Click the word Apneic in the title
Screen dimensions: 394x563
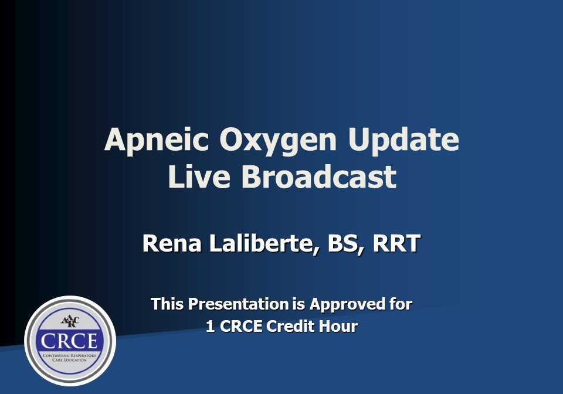click(x=155, y=141)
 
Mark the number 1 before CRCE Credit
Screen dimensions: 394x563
click(x=210, y=327)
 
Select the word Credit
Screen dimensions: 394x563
click(x=291, y=327)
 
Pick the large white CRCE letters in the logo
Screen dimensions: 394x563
click(x=70, y=340)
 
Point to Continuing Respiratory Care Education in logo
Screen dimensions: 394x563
click(x=70, y=357)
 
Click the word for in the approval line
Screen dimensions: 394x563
click(x=399, y=304)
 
